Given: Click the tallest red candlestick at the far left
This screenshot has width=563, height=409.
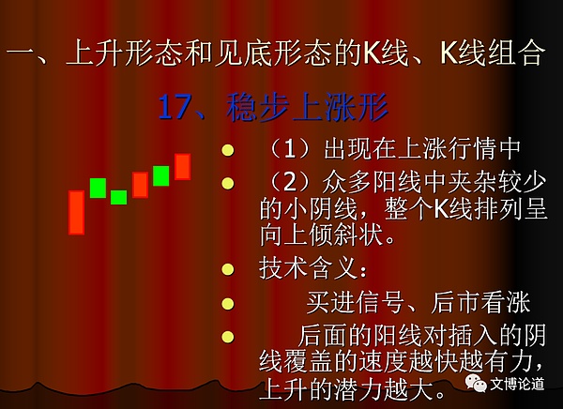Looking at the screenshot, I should click(76, 212).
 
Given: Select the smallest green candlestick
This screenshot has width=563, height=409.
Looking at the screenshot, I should click(118, 197).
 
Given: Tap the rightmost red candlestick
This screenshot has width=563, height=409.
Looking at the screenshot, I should click(182, 166).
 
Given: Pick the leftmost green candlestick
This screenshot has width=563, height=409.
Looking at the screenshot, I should click(98, 187).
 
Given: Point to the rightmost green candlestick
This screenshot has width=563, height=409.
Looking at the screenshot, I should click(160, 175).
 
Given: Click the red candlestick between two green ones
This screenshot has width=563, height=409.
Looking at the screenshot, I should click(140, 185).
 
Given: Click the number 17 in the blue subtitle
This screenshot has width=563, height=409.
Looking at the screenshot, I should click(175, 108).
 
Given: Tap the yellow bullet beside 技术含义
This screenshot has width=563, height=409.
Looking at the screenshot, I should click(226, 271).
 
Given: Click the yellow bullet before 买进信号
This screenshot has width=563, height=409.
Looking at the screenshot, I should click(226, 304).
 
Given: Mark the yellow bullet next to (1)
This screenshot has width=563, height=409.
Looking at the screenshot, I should click(226, 150).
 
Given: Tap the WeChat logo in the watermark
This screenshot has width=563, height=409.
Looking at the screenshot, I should click(479, 383).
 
